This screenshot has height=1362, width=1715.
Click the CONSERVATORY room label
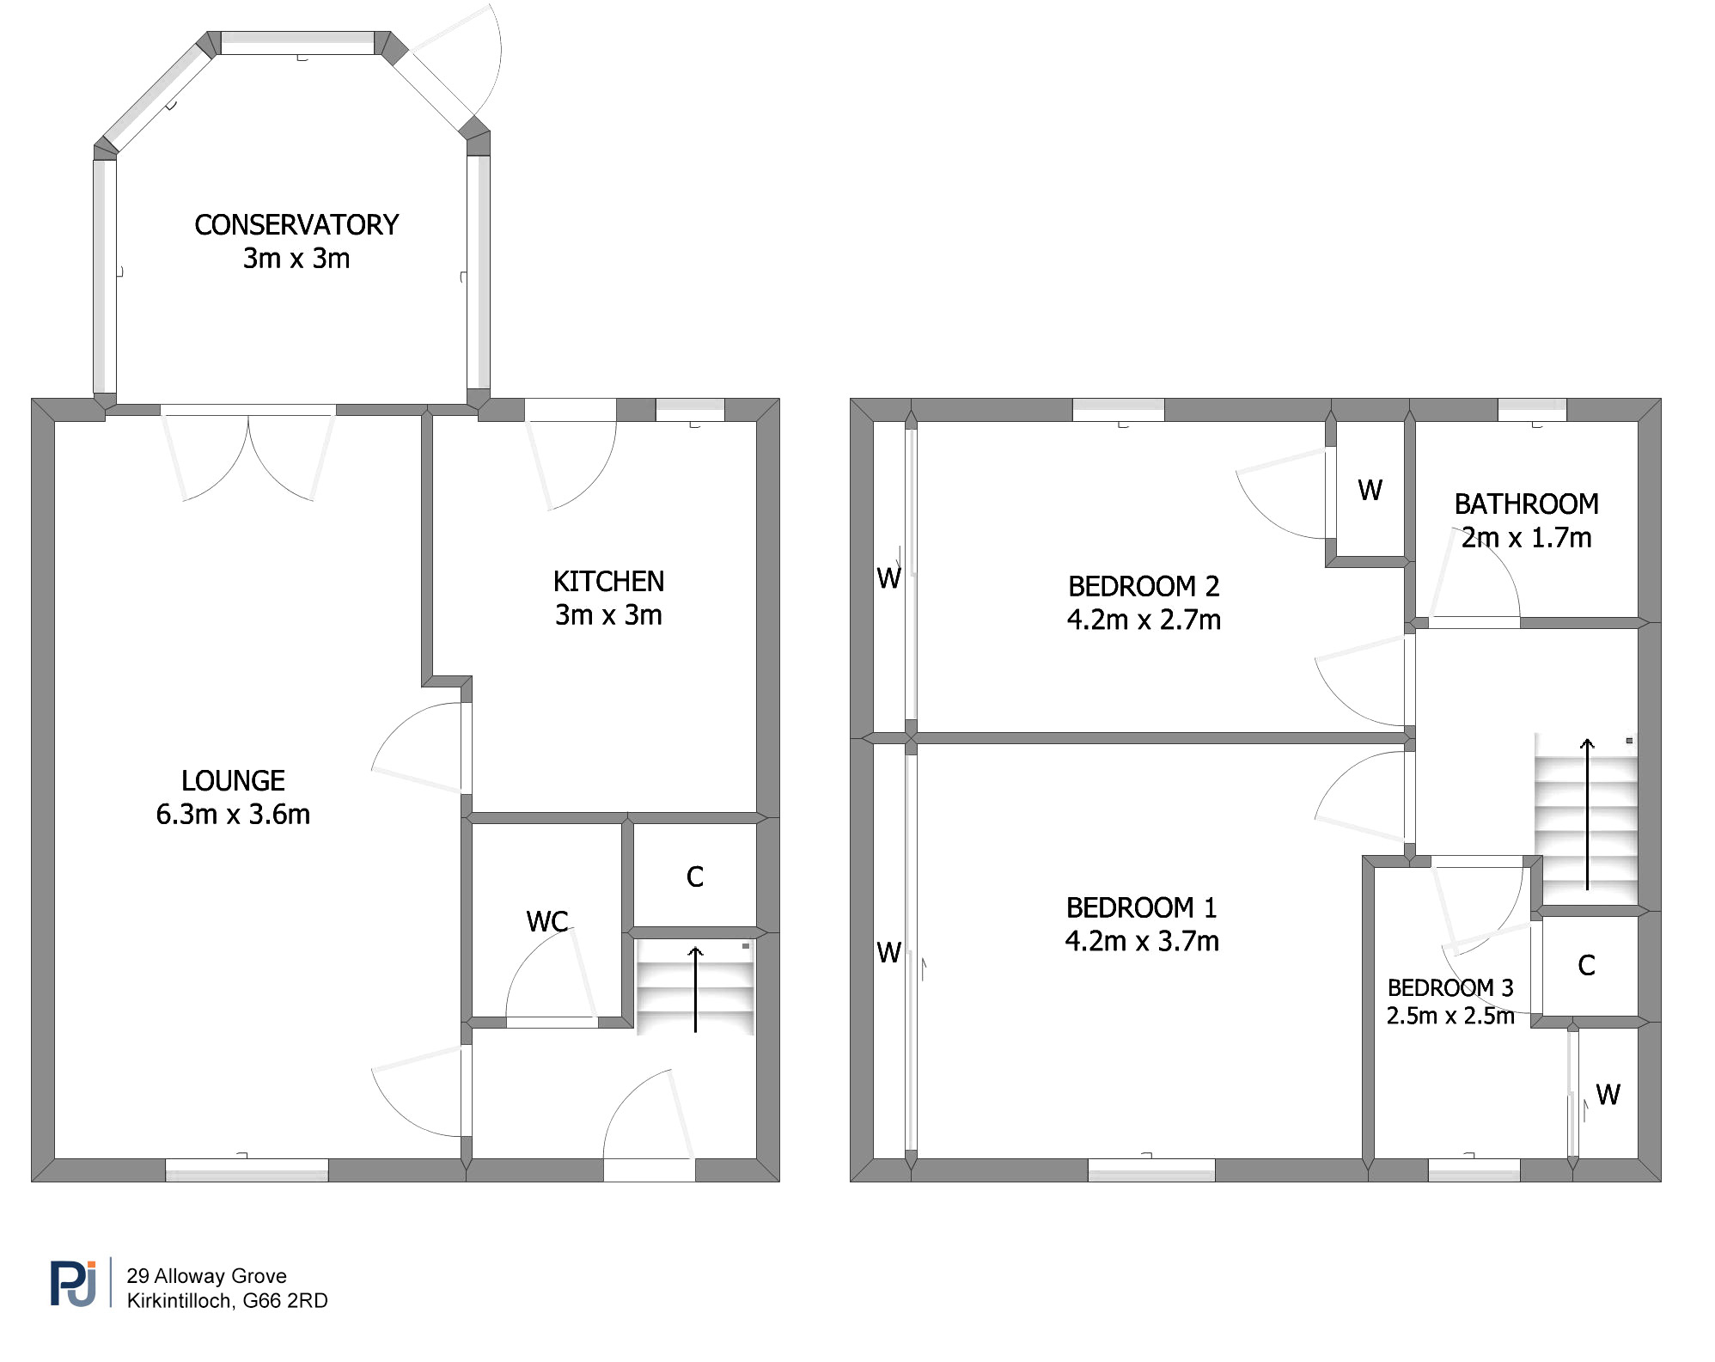(296, 225)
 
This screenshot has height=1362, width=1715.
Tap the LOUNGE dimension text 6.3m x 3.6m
(233, 815)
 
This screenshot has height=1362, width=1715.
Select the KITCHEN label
(608, 582)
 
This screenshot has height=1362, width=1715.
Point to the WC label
(547, 922)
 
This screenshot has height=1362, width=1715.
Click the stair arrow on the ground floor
(695, 989)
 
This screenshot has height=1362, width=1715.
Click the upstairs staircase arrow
(1587, 814)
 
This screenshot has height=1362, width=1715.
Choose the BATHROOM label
(1526, 504)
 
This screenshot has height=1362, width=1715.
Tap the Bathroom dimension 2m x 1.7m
(1526, 538)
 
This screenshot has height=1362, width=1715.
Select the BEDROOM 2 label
(1144, 586)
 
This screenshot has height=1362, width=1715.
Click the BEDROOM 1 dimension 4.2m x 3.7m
(1142, 942)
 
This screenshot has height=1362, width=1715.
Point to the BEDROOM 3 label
(1450, 988)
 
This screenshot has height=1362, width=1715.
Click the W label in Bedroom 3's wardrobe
(1608, 1095)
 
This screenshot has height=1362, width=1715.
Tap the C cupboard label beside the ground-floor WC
(695, 877)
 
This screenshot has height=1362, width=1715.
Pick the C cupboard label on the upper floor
(1586, 966)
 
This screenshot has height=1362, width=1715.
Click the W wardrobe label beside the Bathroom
(1370, 491)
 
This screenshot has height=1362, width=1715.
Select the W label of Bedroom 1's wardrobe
(888, 952)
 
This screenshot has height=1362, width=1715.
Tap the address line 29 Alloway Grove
(207, 1276)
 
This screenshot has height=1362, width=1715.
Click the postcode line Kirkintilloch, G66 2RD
(228, 1301)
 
